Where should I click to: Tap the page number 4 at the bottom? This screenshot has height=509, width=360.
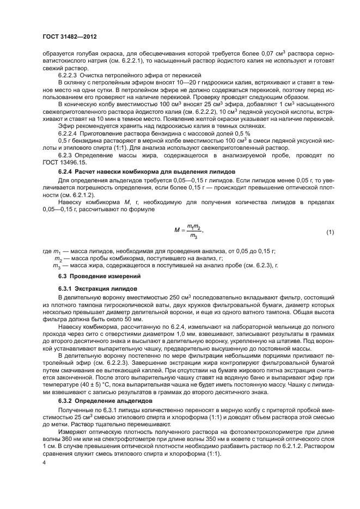(44, 462)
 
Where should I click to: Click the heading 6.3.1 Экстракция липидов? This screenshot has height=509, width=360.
(91, 288)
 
